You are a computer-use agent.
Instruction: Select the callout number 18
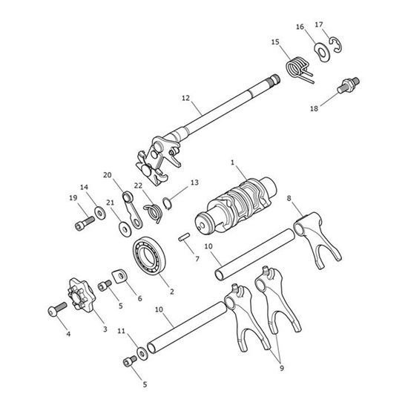pos(314,108)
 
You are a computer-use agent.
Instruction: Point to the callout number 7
pos(197,259)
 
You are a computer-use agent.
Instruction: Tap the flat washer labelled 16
pos(323,52)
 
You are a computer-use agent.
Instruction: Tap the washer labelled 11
pos(141,350)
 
